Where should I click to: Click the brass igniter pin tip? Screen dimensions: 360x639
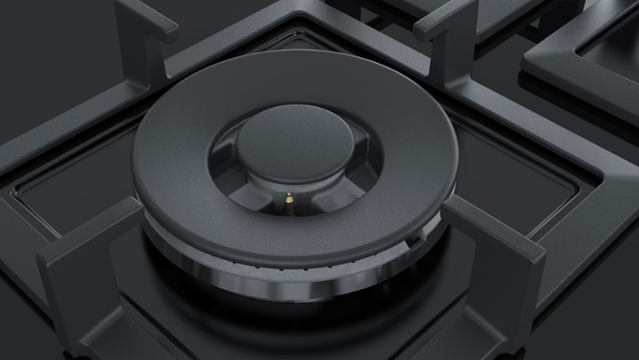pyautogui.click(x=290, y=201)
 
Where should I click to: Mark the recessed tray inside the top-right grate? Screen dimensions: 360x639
pyautogui.click(x=600, y=49)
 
